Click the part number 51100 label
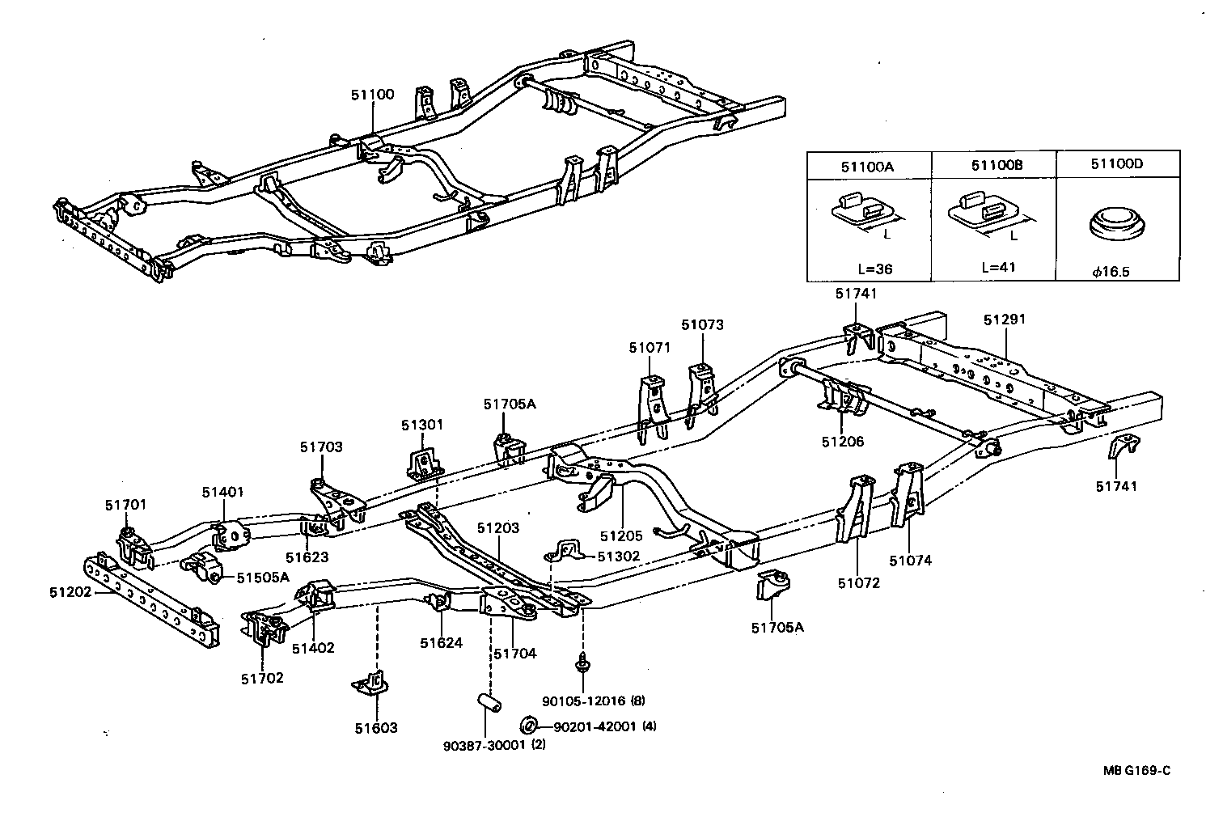click(x=372, y=95)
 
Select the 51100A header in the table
click(x=869, y=166)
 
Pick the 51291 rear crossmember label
click(x=1004, y=320)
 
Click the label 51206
click(x=842, y=442)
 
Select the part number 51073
click(x=701, y=325)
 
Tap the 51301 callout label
click(x=422, y=425)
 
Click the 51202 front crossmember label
click(x=70, y=592)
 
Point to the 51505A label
click(x=262, y=577)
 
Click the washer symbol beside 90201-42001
click(x=527, y=724)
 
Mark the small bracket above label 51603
click(x=371, y=684)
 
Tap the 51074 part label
click(x=910, y=560)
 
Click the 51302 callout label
click(x=618, y=556)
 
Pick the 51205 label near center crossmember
click(x=621, y=535)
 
